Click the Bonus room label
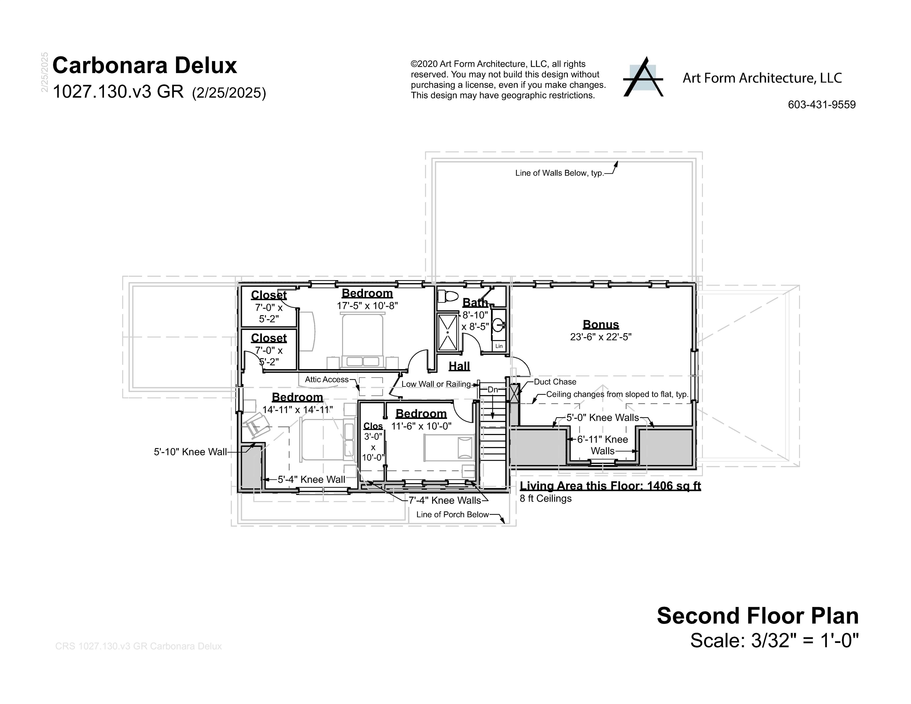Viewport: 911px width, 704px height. point(601,324)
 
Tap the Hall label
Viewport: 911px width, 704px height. point(459,366)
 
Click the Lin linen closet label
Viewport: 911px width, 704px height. point(499,346)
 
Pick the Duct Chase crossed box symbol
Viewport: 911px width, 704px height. point(514,393)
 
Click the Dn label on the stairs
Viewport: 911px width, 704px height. point(493,390)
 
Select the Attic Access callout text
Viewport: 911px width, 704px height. point(327,380)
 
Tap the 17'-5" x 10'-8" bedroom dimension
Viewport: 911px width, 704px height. point(367,306)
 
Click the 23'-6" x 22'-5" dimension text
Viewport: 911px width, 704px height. point(601,337)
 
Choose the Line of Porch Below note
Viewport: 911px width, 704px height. point(452,515)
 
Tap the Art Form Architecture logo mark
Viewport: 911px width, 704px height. point(643,78)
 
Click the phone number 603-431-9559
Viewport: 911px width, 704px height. point(821,105)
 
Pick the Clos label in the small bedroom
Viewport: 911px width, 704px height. point(373,426)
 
